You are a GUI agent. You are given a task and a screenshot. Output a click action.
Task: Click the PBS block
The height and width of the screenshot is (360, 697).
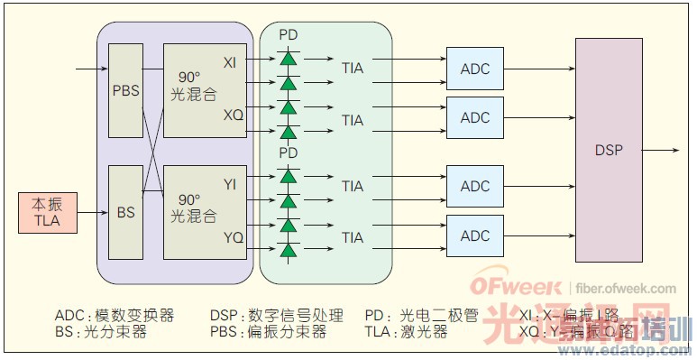(x=125, y=91)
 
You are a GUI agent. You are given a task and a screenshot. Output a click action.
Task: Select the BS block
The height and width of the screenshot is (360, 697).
(x=125, y=213)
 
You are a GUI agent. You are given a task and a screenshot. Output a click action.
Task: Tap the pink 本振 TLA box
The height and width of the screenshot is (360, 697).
(x=47, y=212)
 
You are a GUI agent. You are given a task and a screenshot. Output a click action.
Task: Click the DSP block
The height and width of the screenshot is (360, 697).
(x=609, y=150)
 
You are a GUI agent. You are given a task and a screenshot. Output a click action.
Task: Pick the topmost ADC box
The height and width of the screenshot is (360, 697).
(x=475, y=69)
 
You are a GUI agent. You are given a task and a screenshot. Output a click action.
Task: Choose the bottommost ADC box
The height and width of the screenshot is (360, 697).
(x=475, y=235)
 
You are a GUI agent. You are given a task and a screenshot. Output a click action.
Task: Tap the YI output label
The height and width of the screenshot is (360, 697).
(x=231, y=184)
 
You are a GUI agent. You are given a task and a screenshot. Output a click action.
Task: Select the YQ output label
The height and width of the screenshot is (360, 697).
(x=232, y=238)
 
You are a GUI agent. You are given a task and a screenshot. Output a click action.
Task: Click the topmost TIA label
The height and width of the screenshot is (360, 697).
(x=353, y=68)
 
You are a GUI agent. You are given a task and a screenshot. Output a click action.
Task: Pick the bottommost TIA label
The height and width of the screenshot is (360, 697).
(x=353, y=238)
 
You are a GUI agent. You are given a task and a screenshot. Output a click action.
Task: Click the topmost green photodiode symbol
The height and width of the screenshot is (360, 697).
(x=289, y=59)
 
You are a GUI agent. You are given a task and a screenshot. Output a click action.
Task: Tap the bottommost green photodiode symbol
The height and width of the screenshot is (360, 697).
(x=289, y=249)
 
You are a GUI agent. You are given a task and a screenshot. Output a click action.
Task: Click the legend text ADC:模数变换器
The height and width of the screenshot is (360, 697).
(x=114, y=316)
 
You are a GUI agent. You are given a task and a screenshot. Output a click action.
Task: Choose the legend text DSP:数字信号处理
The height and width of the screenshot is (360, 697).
(x=276, y=316)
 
